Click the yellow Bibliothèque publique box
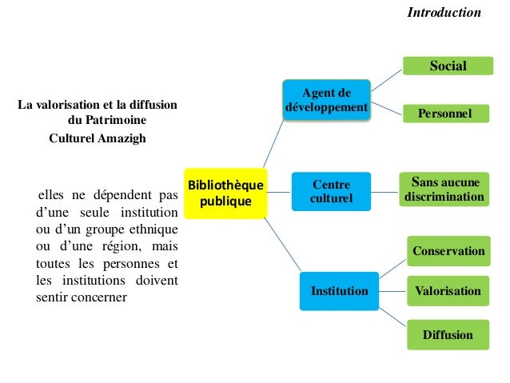(225, 193)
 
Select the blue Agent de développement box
(326, 99)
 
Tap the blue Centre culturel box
(331, 191)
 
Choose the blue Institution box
(340, 291)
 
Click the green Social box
(448, 66)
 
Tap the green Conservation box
(448, 251)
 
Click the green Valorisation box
(448, 290)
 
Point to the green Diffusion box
(448, 334)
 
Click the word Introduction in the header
(444, 12)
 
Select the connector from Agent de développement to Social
(385, 78)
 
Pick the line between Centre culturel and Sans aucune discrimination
(384, 191)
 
